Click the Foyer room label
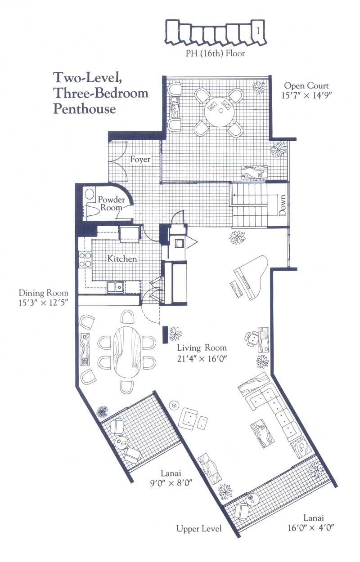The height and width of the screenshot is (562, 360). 140,159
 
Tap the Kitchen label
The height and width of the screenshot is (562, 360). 122,259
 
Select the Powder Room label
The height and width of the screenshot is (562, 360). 111,204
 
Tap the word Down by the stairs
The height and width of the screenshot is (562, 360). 282,205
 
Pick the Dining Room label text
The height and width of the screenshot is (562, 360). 44,293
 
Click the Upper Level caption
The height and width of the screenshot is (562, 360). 199,522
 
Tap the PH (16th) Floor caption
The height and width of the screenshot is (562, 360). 215,54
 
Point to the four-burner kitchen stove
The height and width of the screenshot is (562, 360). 85,260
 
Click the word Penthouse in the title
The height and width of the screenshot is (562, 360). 85,109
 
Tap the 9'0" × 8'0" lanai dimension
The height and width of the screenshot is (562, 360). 171,483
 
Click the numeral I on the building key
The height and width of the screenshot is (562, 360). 258,31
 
